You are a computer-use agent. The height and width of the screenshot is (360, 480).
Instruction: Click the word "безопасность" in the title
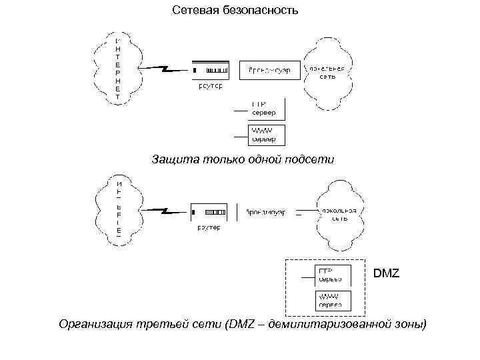click(x=265, y=11)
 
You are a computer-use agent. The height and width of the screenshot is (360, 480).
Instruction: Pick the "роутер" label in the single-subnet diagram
click(x=211, y=85)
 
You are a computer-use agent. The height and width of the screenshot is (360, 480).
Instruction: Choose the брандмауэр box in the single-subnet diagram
click(x=269, y=70)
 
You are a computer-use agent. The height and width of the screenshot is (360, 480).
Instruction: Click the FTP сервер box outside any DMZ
click(x=267, y=109)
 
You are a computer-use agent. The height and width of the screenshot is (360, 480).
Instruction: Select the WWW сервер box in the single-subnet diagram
click(x=267, y=135)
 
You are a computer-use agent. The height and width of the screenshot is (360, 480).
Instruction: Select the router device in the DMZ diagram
click(x=211, y=213)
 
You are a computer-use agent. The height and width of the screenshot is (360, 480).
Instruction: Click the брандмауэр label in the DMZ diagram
click(x=265, y=212)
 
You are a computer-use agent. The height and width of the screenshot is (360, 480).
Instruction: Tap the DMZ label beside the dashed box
click(x=387, y=273)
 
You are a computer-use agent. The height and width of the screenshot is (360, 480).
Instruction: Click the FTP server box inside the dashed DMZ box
click(x=329, y=275)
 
